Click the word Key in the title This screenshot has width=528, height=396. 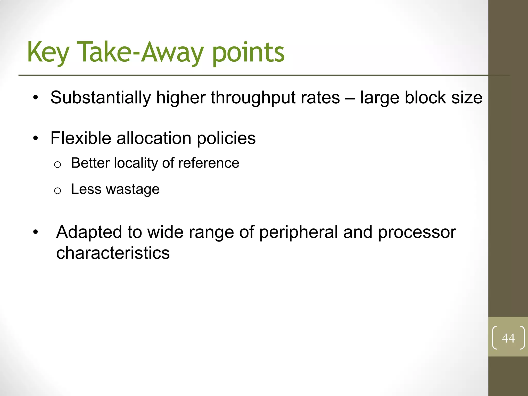[x=48, y=53]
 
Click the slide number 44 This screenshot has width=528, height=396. [x=508, y=338]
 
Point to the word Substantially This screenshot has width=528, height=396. [x=101, y=98]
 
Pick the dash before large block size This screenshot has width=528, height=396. [x=350, y=98]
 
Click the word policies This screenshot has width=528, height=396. [x=226, y=138]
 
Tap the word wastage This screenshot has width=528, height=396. [x=133, y=190]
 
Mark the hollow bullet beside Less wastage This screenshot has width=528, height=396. [x=57, y=191]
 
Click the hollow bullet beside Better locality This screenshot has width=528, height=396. [x=57, y=164]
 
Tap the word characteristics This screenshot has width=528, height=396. [x=113, y=253]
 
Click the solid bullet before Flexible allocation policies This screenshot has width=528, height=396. [x=36, y=138]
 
